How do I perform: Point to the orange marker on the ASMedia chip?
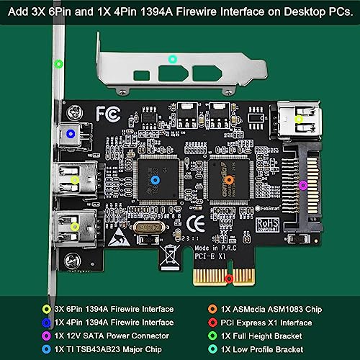(x=229, y=180)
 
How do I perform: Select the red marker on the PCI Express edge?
(x=229, y=278)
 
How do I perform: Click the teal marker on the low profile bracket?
(x=171, y=59)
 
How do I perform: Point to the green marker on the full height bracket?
(x=58, y=63)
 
